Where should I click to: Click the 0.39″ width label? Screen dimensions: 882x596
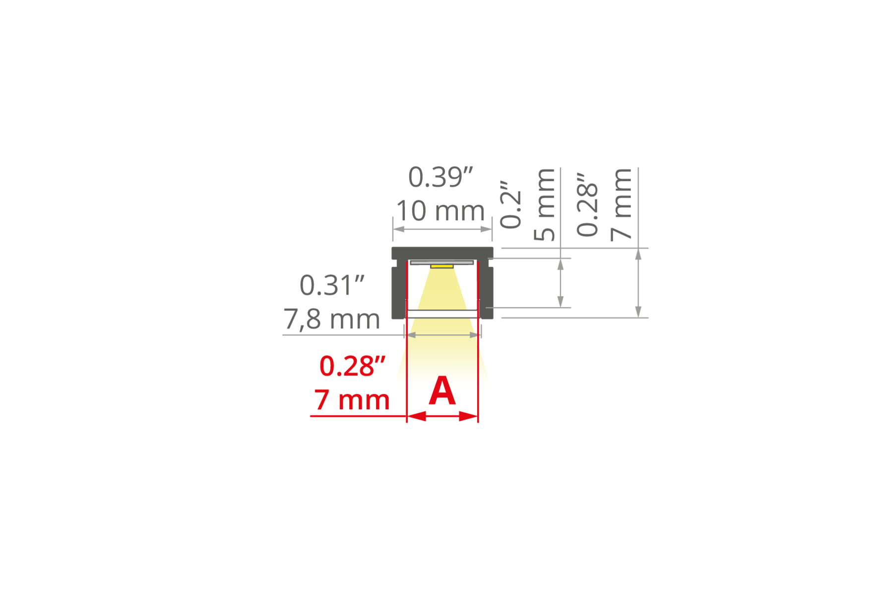(441, 177)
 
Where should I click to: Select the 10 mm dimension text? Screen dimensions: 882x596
(441, 211)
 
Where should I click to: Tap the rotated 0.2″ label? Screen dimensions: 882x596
(511, 205)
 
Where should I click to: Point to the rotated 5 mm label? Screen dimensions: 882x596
(544, 205)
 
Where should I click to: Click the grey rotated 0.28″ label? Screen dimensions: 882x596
(588, 205)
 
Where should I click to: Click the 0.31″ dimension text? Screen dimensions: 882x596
(332, 285)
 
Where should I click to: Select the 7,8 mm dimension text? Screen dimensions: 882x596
(332, 319)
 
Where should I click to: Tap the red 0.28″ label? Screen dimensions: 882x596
(352, 366)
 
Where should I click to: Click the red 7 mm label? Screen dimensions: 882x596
(352, 400)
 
